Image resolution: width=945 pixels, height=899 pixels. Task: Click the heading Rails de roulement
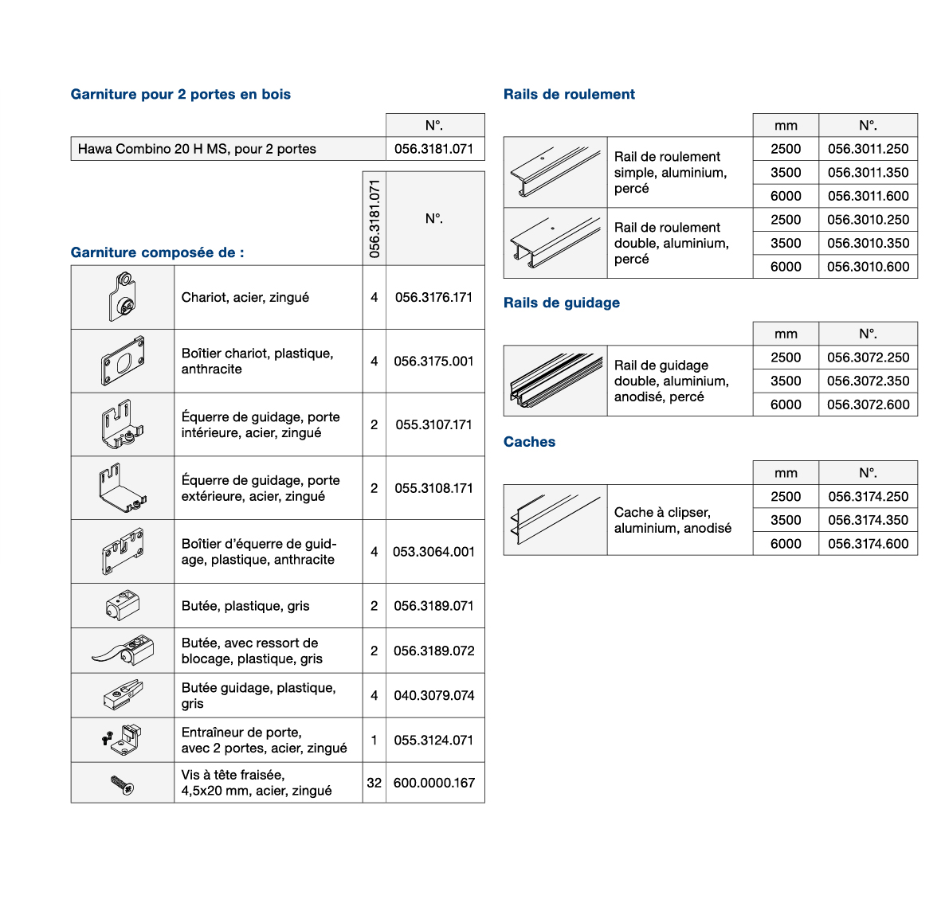pos(569,94)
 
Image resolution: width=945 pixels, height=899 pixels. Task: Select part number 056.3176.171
pos(433,298)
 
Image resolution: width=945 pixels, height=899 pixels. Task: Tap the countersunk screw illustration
pos(123,784)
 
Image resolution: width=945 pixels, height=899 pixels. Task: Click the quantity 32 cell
pos(374,783)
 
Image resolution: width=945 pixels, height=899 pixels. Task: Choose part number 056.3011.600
pos(868,197)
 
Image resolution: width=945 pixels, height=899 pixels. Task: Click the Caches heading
pos(529,442)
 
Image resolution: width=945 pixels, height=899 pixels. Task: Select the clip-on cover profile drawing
pos(555,520)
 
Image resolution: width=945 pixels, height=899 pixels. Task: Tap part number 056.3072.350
pos(868,381)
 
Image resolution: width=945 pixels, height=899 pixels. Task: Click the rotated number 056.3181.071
pos(374,218)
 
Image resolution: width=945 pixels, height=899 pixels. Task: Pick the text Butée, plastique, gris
pos(245,606)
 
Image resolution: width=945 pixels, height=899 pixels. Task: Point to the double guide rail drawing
pos(555,381)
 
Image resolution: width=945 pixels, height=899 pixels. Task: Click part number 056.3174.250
pos(868,497)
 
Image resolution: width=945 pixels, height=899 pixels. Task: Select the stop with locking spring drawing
pos(124,651)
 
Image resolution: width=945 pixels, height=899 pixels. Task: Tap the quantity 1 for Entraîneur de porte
pos(374,740)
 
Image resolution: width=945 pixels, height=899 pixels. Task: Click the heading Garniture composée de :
pos(157,252)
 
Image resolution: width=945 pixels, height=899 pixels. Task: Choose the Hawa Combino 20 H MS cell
pos(229,149)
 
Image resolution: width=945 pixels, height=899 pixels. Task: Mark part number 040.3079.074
pos(434,695)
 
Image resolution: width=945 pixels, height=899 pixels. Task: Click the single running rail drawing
pos(555,172)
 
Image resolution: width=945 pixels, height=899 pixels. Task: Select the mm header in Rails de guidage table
pos(786,334)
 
